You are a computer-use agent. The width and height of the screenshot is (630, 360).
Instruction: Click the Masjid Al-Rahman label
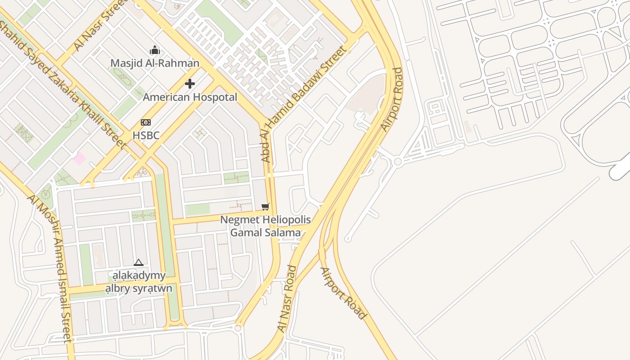pyautogui.click(x=155, y=63)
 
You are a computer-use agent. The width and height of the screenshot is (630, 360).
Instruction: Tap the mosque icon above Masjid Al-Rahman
pyautogui.click(x=155, y=50)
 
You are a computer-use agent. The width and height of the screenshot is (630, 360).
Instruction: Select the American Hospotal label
pyautogui.click(x=190, y=97)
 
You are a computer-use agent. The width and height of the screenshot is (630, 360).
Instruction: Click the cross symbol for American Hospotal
pyautogui.click(x=190, y=84)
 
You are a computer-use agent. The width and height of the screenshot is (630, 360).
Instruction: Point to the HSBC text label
pyautogui.click(x=146, y=135)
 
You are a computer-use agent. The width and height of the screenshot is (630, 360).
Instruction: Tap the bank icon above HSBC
pyautogui.click(x=146, y=122)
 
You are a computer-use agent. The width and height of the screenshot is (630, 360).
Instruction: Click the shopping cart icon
pyautogui.click(x=265, y=207)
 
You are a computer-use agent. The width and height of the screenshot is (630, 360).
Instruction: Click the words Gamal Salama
pyautogui.click(x=265, y=233)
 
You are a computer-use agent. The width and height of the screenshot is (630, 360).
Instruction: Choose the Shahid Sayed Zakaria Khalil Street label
pyautogui.click(x=63, y=84)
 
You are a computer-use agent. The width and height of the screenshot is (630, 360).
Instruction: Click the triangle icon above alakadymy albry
pyautogui.click(x=139, y=262)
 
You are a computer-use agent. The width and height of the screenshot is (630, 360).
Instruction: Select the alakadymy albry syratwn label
pyautogui.click(x=139, y=282)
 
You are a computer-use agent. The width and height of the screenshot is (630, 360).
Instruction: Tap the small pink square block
pyautogui.click(x=80, y=158)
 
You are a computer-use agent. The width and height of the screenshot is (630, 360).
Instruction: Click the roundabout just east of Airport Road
pyautogui.click(x=397, y=162)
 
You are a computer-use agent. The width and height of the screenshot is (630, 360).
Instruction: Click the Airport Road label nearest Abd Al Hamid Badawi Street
pyautogui.click(x=391, y=99)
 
